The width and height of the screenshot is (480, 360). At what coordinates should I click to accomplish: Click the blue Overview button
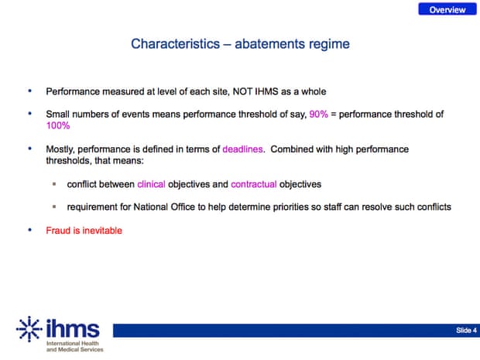[447, 9]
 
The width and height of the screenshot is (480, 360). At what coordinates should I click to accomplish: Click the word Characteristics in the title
[176, 44]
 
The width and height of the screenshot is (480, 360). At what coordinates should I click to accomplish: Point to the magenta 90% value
[318, 114]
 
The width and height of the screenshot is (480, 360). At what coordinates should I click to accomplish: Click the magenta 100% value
[58, 125]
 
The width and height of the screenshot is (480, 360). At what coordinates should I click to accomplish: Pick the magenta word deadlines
[242, 149]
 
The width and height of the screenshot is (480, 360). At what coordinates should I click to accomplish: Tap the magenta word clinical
[151, 184]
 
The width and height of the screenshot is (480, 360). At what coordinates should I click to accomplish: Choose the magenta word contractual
[254, 184]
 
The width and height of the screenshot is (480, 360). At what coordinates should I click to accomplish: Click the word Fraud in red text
[58, 231]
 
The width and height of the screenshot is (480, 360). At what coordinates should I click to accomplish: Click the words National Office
[164, 207]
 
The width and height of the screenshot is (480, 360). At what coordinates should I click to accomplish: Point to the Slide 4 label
[466, 331]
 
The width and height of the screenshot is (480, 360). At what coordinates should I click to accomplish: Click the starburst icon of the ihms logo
[29, 329]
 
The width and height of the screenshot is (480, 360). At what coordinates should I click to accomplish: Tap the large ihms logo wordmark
[73, 327]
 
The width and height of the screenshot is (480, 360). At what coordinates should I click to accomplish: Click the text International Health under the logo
[73, 344]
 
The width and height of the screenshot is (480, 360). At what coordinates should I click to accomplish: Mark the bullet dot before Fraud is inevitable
[29, 230]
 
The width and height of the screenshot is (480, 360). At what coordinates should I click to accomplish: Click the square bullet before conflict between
[54, 184]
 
